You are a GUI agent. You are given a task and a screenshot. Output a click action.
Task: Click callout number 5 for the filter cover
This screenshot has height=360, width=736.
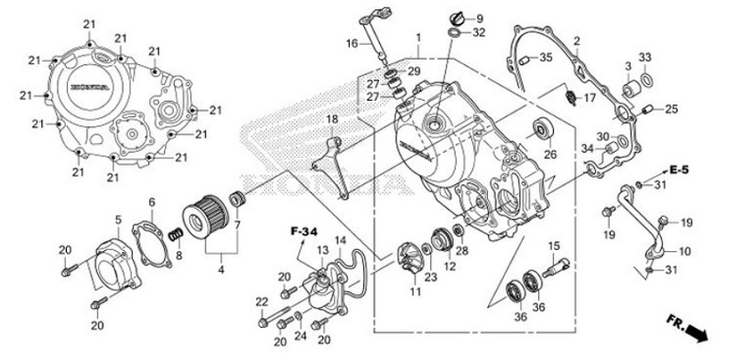[117, 220]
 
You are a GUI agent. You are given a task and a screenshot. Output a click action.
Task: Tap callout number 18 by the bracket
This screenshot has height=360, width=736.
[331, 120]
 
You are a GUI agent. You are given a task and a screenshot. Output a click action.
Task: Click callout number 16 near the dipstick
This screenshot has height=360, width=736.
[352, 43]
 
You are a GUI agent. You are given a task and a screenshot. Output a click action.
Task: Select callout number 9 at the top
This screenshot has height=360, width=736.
[480, 18]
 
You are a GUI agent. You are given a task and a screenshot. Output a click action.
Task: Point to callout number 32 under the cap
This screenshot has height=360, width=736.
[480, 33]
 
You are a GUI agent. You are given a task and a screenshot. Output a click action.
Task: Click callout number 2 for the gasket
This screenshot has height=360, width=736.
[577, 41]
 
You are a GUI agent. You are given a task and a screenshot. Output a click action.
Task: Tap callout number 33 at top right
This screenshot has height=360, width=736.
[644, 58]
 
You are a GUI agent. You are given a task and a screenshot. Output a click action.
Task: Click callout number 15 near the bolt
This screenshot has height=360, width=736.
[553, 245]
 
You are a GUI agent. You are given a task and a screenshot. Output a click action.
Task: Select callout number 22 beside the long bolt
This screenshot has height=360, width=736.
[260, 302]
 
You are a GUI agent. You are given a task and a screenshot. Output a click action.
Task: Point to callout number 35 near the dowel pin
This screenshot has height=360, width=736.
[545, 58]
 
